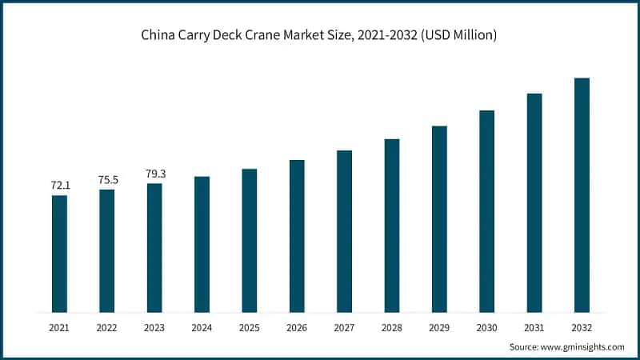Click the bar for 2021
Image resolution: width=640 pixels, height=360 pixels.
59,254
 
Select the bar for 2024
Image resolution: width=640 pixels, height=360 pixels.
202,244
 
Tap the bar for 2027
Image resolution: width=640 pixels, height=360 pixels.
344,231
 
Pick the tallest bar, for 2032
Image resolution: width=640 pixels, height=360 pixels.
582,195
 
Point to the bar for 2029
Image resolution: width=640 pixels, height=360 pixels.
439,219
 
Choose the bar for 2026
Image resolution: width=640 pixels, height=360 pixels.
297,236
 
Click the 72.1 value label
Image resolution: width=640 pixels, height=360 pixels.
60,186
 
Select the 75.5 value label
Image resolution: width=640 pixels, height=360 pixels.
107,180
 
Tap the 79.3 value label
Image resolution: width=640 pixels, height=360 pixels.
154,174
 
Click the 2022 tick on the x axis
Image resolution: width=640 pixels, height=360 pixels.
107,327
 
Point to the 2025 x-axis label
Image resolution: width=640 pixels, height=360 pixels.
250,327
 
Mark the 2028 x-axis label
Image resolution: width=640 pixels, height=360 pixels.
392,327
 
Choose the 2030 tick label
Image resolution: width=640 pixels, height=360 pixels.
486,327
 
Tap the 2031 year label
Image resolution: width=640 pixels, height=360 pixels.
534,327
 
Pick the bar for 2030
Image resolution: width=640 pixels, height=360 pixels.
486,211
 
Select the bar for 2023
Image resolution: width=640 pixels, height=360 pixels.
154,248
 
